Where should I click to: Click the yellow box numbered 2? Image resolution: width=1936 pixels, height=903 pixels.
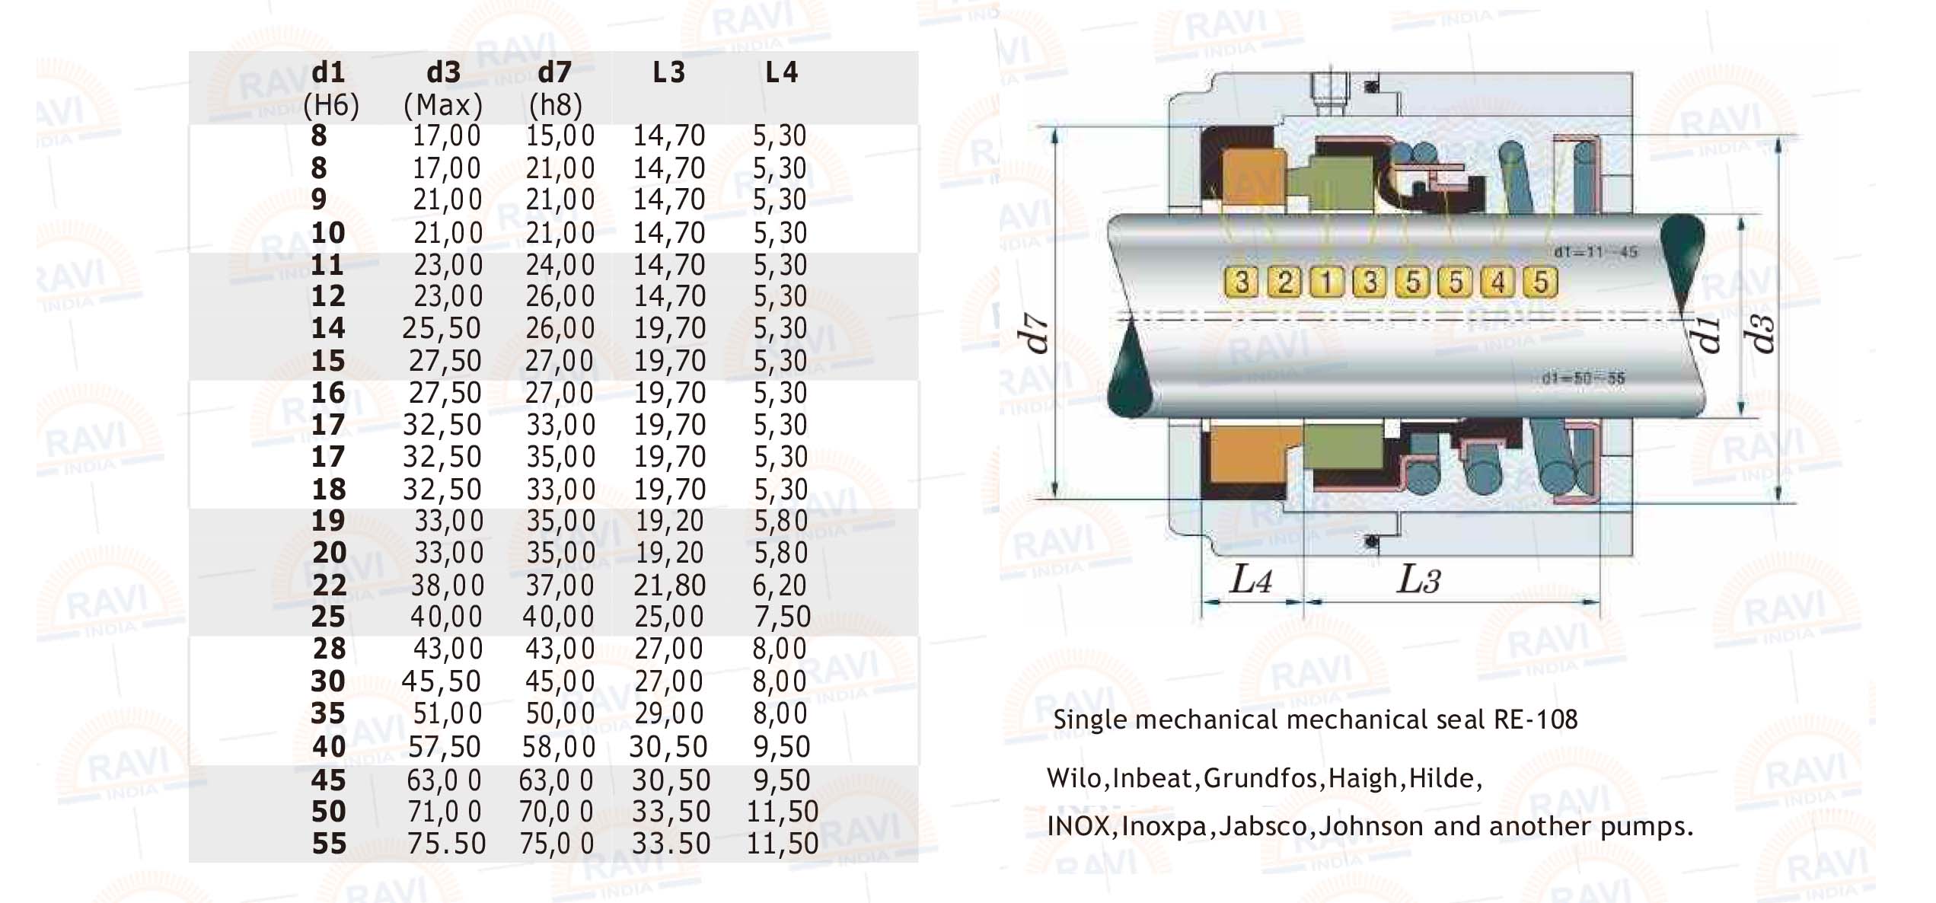click(x=1284, y=282)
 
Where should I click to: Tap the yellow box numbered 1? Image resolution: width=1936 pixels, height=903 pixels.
click(x=1327, y=282)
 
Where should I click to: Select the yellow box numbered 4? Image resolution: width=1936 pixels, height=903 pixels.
click(x=1497, y=282)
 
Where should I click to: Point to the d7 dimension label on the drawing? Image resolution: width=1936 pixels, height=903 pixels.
click(x=1035, y=335)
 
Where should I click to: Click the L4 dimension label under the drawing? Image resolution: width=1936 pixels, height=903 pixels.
click(x=1251, y=580)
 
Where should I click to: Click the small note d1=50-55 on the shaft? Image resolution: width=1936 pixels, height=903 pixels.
click(x=1584, y=378)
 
